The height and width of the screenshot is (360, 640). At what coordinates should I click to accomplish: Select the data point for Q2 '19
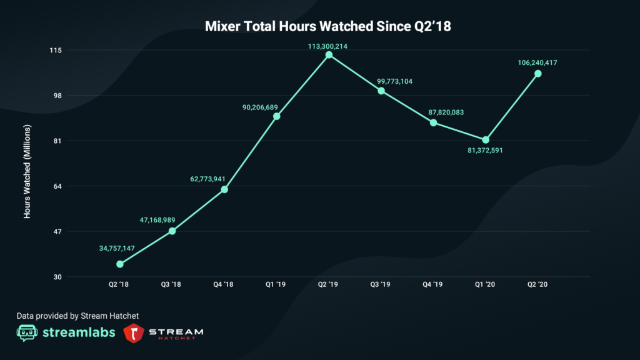(329, 55)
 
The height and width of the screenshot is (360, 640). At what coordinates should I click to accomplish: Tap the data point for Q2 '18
(120, 264)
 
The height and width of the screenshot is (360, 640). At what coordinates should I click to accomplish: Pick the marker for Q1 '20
(486, 139)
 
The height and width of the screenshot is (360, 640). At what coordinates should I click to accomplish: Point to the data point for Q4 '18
(224, 189)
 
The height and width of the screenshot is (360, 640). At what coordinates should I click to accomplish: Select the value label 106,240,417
(537, 62)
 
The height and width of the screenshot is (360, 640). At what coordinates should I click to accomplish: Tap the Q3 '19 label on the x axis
(381, 284)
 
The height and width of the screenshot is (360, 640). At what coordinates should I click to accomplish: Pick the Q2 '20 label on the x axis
(537, 284)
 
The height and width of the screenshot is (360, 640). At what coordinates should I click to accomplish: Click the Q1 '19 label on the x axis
(276, 284)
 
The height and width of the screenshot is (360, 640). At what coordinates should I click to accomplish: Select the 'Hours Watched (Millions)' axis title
(27, 171)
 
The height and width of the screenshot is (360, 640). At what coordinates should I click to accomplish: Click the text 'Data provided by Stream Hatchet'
(77, 316)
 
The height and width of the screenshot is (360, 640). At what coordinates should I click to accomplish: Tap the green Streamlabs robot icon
(24, 332)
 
